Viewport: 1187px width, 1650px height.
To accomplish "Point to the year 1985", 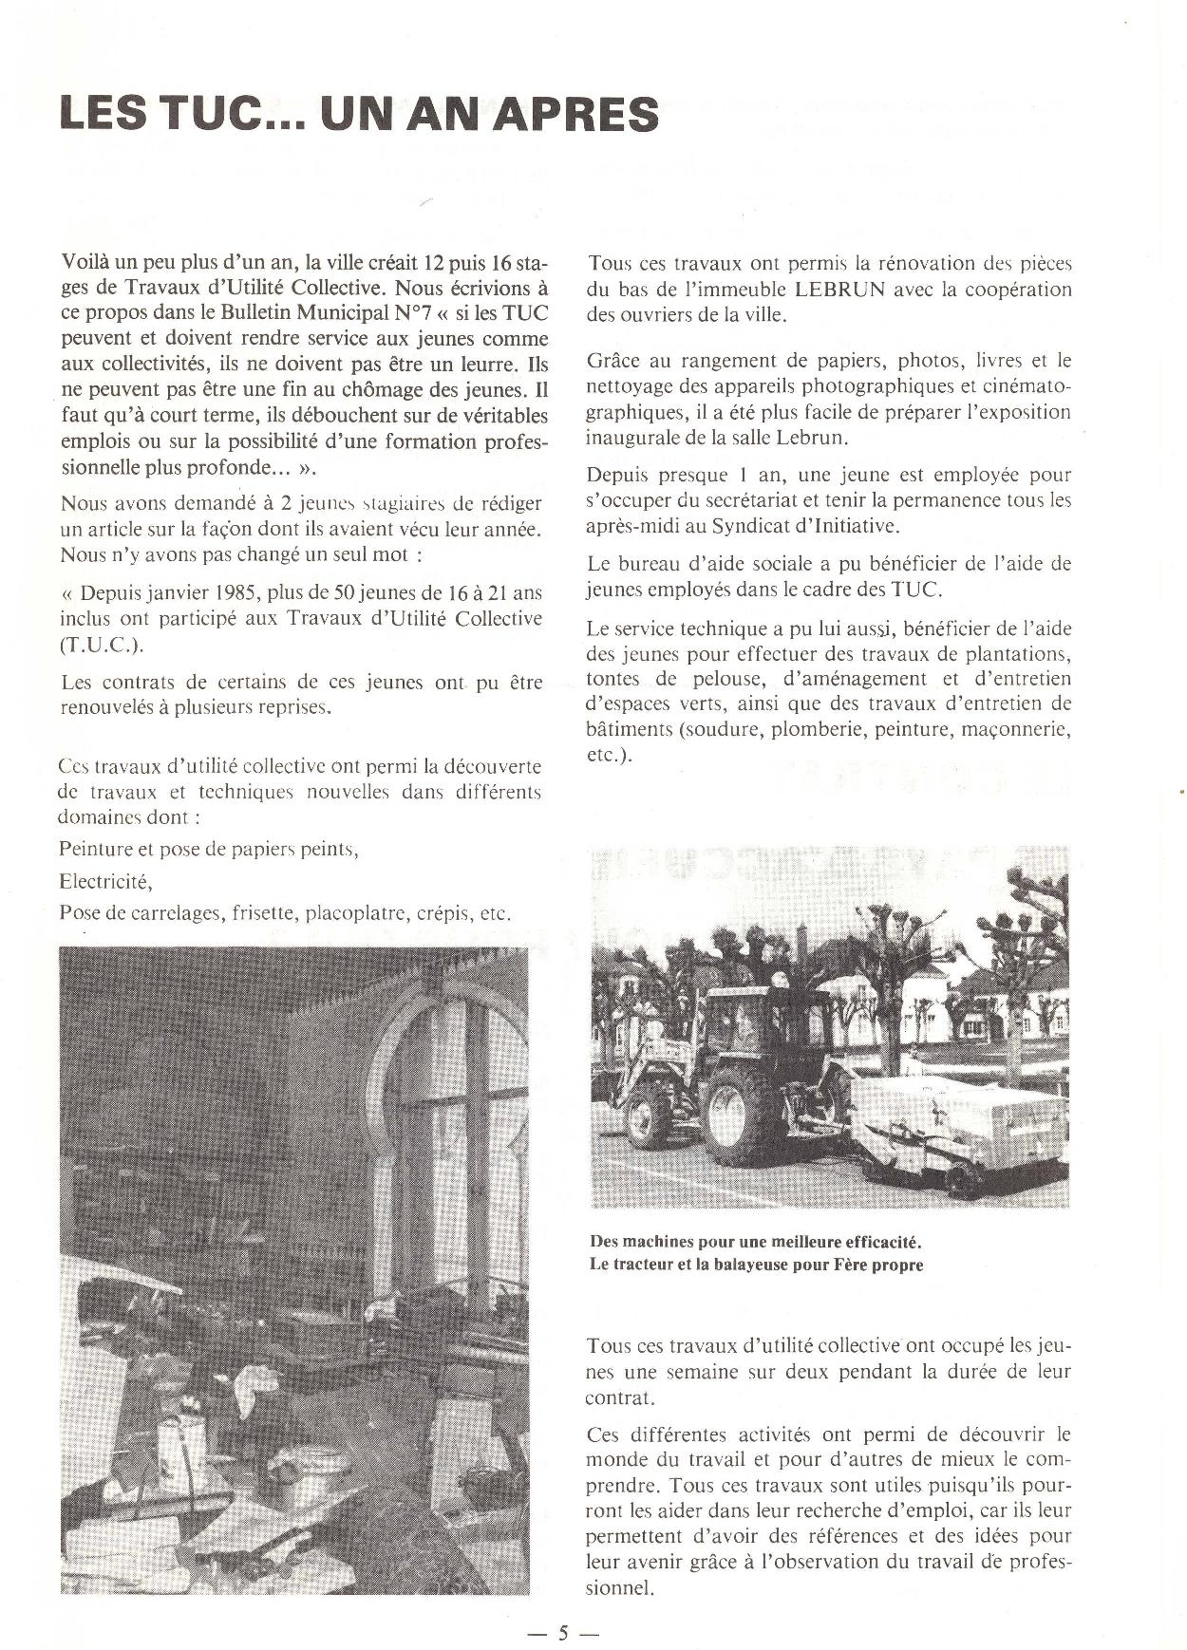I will [x=232, y=593].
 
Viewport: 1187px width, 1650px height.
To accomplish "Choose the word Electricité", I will [x=104, y=881].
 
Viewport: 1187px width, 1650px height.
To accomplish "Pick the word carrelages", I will [x=167, y=913].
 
